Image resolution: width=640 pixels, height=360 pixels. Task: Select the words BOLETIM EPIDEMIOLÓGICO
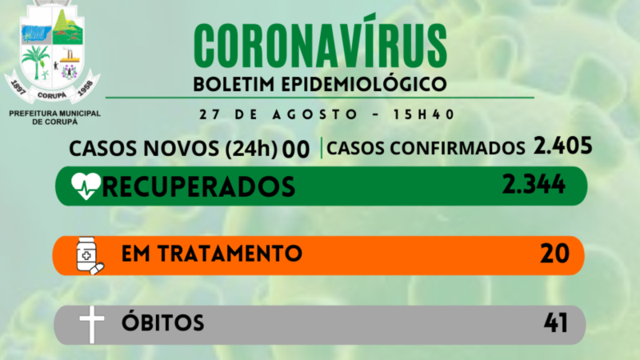pyautogui.click(x=320, y=84)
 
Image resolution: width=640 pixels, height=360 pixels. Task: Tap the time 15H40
pyautogui.click(x=424, y=114)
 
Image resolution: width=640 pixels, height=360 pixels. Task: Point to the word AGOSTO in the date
pyautogui.click(x=315, y=114)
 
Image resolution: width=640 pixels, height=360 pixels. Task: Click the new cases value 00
pyautogui.click(x=296, y=150)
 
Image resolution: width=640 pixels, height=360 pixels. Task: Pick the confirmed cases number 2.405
pyautogui.click(x=563, y=146)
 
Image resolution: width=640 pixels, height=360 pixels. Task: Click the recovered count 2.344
pyautogui.click(x=534, y=184)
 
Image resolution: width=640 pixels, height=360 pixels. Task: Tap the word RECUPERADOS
pyautogui.click(x=198, y=187)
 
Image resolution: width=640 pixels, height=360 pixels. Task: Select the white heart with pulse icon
pyautogui.click(x=86, y=186)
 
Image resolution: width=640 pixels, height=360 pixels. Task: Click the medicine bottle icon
pyautogui.click(x=90, y=255)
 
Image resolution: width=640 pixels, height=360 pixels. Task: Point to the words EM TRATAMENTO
pyautogui.click(x=212, y=254)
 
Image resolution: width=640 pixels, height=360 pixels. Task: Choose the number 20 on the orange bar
pyautogui.click(x=554, y=254)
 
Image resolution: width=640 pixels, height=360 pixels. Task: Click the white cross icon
pyautogui.click(x=92, y=325)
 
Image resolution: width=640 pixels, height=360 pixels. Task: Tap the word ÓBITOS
pyautogui.click(x=163, y=322)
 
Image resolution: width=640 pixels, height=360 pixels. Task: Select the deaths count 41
pyautogui.click(x=555, y=323)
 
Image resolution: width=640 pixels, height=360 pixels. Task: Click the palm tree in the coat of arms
pyautogui.click(x=36, y=62)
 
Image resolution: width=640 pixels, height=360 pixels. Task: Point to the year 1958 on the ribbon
pyautogui.click(x=86, y=88)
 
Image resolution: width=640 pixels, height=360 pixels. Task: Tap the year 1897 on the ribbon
pyautogui.click(x=18, y=88)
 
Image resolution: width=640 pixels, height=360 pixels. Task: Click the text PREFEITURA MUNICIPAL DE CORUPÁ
pyautogui.click(x=54, y=118)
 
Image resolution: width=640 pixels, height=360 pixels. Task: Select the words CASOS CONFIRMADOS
pyautogui.click(x=426, y=148)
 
